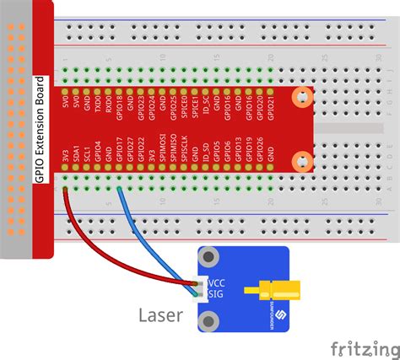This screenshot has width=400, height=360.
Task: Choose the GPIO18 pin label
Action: (x=119, y=109)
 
